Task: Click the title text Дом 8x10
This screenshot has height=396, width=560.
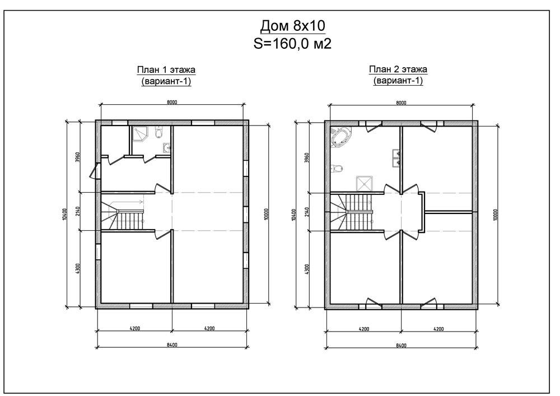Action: (x=292, y=26)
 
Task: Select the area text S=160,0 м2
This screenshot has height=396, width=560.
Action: (x=292, y=44)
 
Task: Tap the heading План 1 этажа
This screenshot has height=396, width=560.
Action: (x=166, y=69)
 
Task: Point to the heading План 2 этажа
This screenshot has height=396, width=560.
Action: (x=398, y=69)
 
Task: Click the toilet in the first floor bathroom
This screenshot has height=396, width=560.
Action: (x=158, y=133)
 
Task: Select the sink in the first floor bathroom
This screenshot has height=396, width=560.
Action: (x=166, y=147)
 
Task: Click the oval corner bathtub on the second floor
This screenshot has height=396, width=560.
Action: (x=342, y=137)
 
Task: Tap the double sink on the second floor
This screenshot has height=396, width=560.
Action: (x=395, y=159)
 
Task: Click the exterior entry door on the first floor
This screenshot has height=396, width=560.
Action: (x=95, y=171)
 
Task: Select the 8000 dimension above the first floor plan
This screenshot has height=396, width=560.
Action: (x=172, y=102)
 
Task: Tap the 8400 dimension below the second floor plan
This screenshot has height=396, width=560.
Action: (x=401, y=345)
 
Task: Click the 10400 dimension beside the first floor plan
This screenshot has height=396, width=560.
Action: (x=64, y=215)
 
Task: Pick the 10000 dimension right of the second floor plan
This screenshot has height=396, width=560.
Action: (x=495, y=215)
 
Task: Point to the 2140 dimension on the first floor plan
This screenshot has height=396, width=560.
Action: (x=77, y=211)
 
